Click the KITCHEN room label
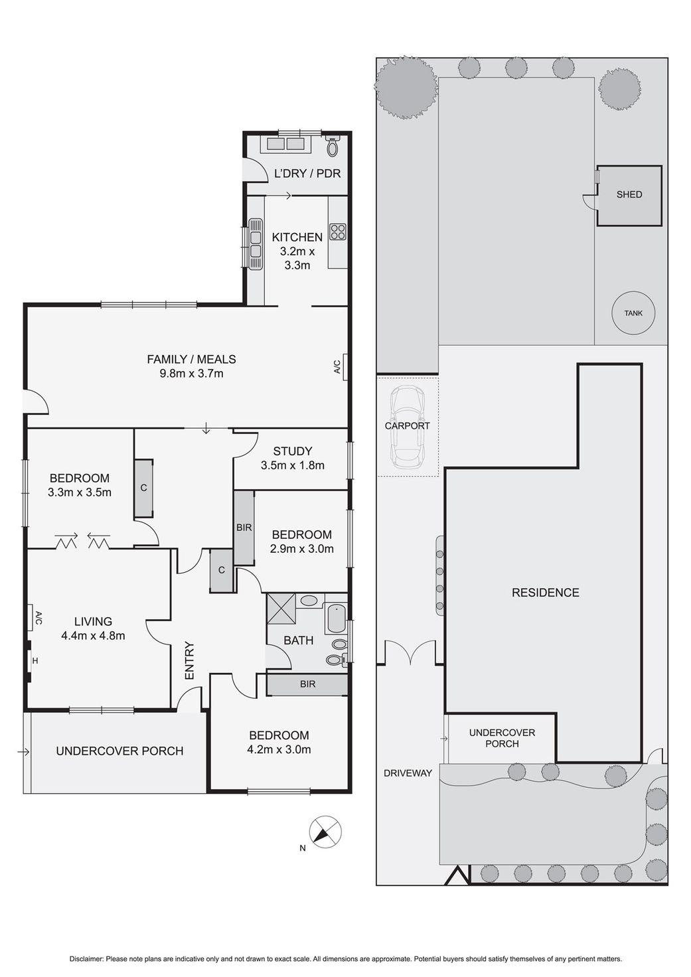click(x=297, y=237)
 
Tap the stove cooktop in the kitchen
click(x=338, y=232)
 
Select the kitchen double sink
click(x=255, y=244)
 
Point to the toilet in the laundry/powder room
click(x=333, y=145)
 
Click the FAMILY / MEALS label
click(x=191, y=359)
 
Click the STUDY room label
click(x=292, y=451)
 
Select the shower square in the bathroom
click(x=281, y=607)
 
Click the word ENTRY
click(x=189, y=660)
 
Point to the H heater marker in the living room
click(x=35, y=661)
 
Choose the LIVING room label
click(x=93, y=621)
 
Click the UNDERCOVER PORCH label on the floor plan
click(x=119, y=751)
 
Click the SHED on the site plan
click(x=629, y=195)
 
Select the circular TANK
click(x=633, y=313)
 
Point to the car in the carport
click(x=408, y=428)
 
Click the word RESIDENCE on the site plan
click(x=545, y=592)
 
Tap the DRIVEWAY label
click(x=408, y=773)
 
